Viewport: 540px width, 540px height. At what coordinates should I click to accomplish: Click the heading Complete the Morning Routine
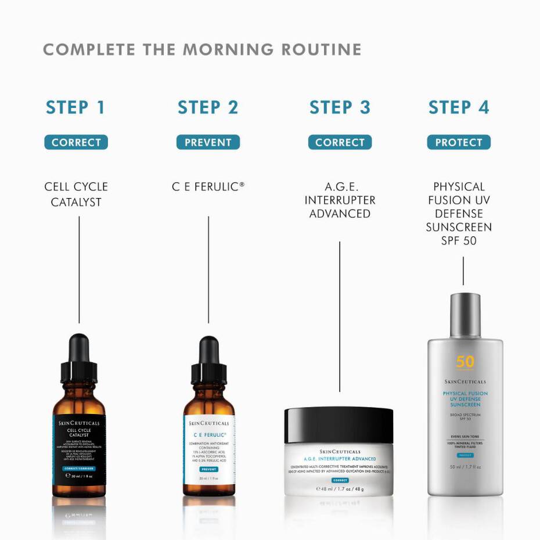(x=202, y=49)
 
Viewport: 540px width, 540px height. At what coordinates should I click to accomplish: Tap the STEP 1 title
(x=75, y=107)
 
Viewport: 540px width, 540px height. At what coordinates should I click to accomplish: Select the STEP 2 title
(x=208, y=107)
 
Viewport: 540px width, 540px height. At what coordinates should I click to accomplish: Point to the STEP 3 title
(x=340, y=107)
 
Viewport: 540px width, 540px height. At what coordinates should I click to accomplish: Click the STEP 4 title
(x=459, y=107)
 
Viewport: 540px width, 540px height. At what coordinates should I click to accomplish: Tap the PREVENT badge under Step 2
(x=208, y=142)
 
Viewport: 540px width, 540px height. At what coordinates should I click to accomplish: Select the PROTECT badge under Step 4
(x=459, y=142)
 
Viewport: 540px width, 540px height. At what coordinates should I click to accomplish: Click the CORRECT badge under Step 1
(x=76, y=142)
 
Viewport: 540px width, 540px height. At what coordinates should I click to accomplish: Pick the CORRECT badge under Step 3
(x=340, y=142)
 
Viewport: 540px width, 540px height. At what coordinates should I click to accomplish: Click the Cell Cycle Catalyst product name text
(x=76, y=195)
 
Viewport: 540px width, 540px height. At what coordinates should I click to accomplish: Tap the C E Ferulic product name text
(x=208, y=187)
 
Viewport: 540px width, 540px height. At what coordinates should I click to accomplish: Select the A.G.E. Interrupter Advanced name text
(x=340, y=200)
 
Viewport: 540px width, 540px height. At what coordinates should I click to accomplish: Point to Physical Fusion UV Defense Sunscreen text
(x=459, y=213)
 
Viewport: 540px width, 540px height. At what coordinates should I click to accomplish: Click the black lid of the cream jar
(x=339, y=424)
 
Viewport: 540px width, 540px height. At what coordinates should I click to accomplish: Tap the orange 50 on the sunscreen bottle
(x=465, y=362)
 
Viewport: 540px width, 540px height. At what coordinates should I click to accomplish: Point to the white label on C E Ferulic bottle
(x=209, y=450)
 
